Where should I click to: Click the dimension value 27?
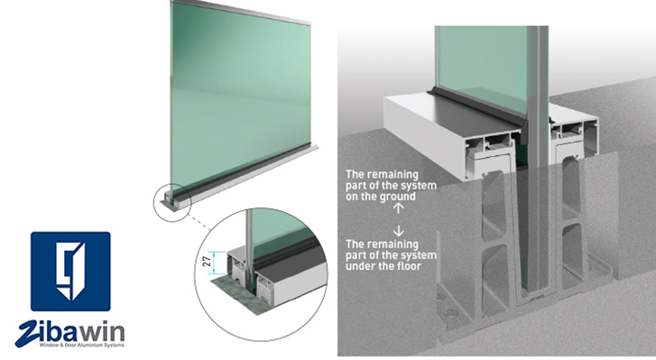click(207, 262)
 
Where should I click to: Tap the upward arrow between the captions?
click(399, 208)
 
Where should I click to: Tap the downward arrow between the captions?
click(399, 230)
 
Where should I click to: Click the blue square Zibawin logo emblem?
click(70, 272)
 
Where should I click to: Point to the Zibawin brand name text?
click(70, 332)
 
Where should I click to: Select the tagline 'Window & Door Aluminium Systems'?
click(82, 345)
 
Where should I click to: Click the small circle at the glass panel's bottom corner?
click(172, 202)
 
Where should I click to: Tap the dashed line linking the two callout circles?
click(199, 222)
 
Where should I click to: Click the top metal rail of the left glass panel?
click(242, 12)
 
